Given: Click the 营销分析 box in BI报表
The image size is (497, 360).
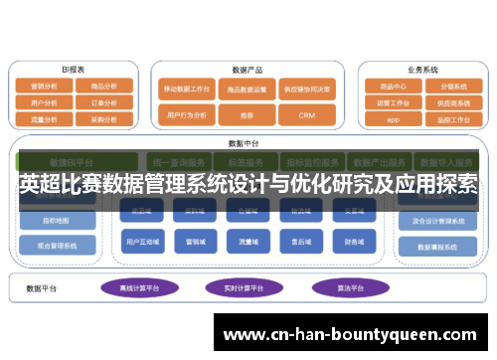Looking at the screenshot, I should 44,87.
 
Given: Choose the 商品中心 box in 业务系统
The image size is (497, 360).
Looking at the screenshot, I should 392,87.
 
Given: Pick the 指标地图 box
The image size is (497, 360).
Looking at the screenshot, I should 56,220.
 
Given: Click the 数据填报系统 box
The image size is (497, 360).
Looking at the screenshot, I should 438,247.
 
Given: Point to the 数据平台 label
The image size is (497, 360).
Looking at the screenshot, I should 42,288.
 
